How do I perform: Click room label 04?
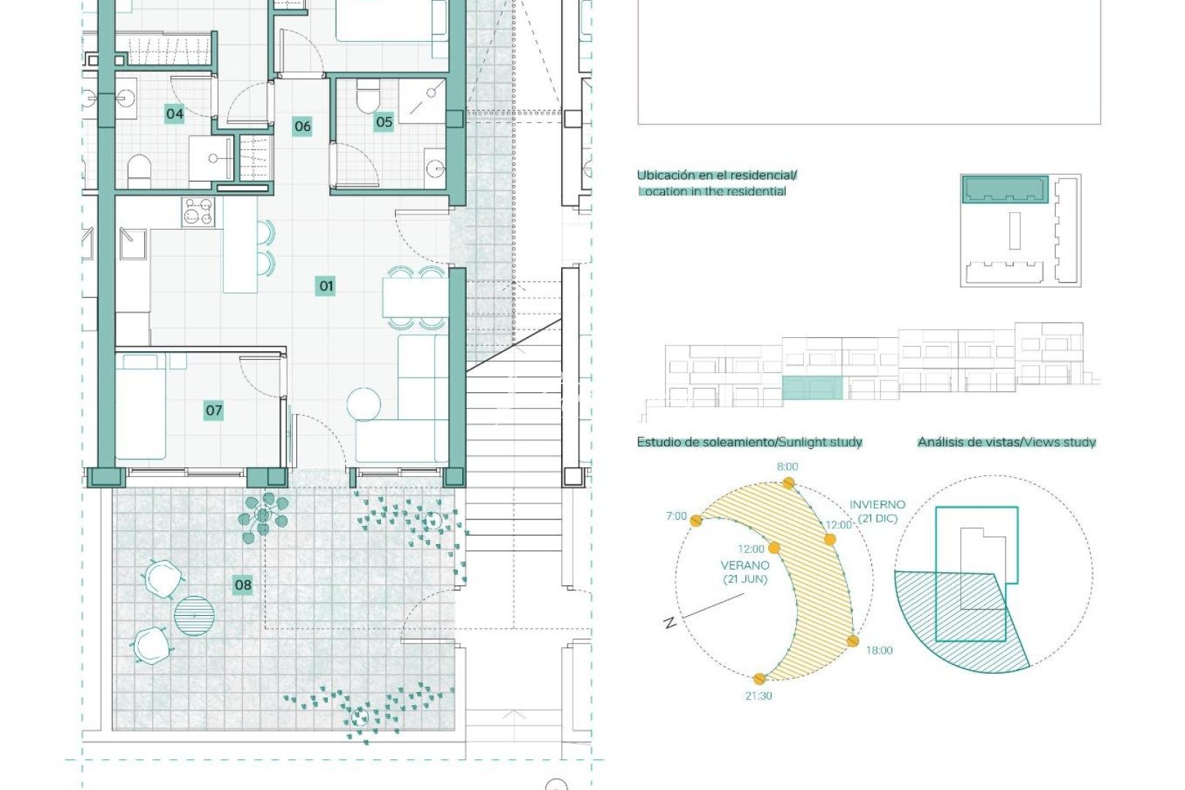tap(174, 113)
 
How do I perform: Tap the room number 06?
tap(302, 126)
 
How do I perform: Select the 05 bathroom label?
tap(384, 122)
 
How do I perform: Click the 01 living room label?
tap(326, 286)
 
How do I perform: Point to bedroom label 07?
tap(214, 410)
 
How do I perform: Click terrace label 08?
tap(243, 584)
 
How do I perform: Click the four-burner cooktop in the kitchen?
tap(198, 211)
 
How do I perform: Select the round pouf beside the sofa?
tap(364, 405)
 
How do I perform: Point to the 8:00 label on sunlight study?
tap(788, 467)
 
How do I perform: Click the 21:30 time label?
tap(759, 696)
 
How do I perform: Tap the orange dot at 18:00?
tap(853, 641)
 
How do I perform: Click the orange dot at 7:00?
tap(696, 521)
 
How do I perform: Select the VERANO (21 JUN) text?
tap(745, 572)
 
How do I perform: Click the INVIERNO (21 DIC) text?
tap(877, 511)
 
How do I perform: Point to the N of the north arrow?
tap(669, 622)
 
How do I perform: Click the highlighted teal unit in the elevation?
tap(812, 388)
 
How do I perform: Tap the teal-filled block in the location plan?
tap(1004, 189)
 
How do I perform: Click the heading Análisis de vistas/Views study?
tap(1007, 442)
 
